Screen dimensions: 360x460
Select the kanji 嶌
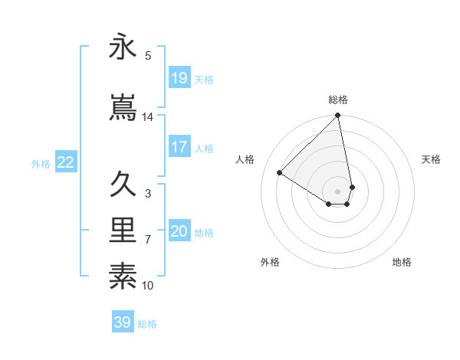123,106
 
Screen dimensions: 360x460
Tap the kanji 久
123,185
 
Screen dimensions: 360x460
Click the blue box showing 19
179,77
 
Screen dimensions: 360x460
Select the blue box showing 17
179,147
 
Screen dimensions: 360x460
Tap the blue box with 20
179,231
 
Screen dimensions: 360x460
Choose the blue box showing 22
66,162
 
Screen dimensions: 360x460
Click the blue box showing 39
123,322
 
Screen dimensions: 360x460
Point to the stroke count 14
148,117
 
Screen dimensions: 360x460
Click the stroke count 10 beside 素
148,286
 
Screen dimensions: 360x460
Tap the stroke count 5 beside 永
148,56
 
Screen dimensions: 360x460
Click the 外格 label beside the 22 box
41,163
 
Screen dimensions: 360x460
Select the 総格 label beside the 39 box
147,324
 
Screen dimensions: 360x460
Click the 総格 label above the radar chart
338,100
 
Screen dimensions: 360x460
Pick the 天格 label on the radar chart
432,159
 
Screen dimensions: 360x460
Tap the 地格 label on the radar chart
402,262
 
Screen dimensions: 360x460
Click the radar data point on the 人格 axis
280,173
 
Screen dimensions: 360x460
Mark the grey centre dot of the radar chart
338,191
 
